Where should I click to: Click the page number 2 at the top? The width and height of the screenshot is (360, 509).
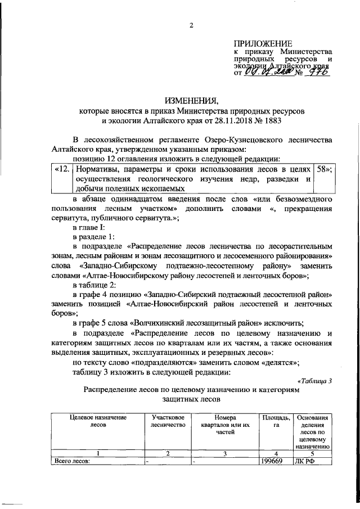(x=191, y=25)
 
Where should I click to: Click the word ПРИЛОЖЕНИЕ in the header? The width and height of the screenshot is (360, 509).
(x=263, y=43)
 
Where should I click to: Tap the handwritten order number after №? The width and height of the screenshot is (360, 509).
(x=317, y=73)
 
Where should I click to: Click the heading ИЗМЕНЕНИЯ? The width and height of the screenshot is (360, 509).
(x=191, y=101)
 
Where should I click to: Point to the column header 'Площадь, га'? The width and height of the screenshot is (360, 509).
(x=276, y=421)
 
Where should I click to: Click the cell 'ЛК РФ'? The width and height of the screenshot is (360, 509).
(x=305, y=461)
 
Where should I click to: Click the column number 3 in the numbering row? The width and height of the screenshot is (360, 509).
(x=224, y=453)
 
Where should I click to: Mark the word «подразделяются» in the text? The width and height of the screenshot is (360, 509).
(x=150, y=362)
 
